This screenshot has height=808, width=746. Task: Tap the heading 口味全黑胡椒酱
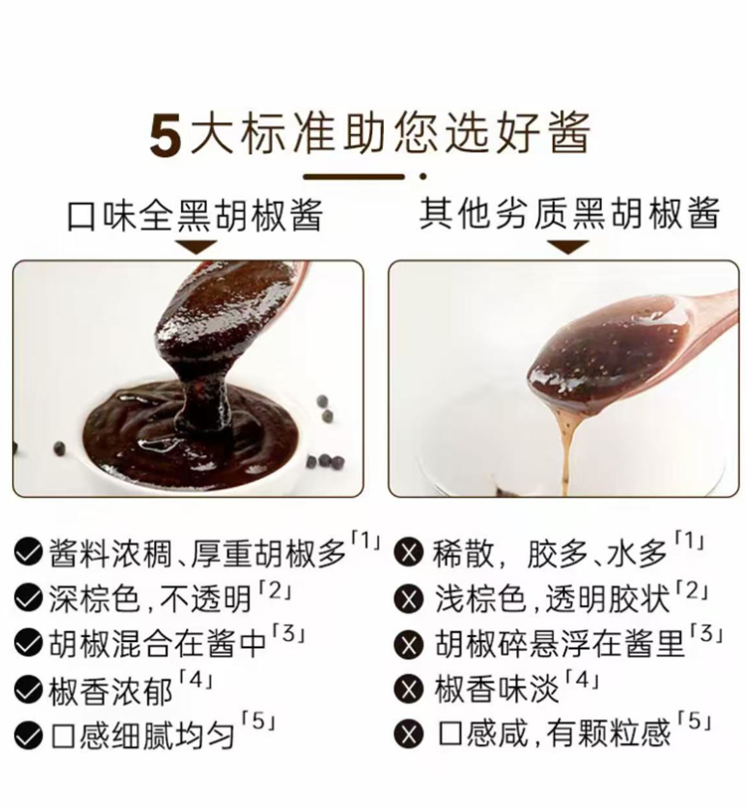point(196,215)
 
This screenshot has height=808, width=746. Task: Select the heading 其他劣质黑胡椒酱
point(570,214)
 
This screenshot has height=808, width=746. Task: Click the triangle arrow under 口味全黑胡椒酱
point(197,246)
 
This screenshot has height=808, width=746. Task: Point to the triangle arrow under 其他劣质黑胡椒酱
point(568,246)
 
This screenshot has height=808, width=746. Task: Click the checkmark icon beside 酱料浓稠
point(29,552)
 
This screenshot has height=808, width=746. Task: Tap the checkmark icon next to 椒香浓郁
point(29,689)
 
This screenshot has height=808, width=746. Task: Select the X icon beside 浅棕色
point(409,598)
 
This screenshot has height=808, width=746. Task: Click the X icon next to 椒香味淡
point(409,689)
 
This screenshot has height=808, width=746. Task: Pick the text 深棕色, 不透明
point(150,598)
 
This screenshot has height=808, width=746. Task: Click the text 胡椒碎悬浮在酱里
point(560,644)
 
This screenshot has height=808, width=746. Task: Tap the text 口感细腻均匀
point(143,734)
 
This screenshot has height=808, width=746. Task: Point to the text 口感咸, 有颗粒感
point(554,733)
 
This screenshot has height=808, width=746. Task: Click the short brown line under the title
point(354,177)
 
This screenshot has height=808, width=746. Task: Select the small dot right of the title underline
point(423,177)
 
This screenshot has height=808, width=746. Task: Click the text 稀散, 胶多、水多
point(550,554)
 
